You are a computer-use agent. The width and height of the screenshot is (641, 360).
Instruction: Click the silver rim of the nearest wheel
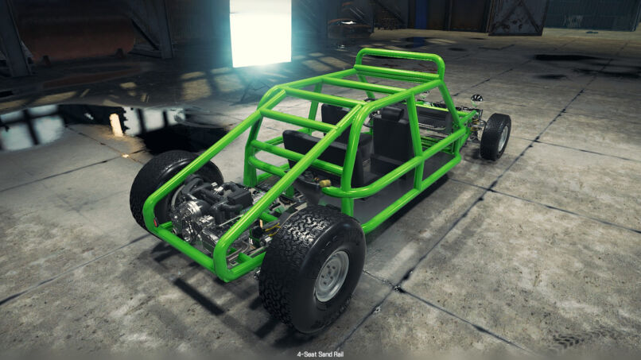point(332,277)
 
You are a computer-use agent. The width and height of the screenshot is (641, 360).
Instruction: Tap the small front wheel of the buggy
point(495,137)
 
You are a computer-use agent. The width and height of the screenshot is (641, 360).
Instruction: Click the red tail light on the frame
point(156,223)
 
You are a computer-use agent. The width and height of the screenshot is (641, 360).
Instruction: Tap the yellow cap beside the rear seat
point(324,183)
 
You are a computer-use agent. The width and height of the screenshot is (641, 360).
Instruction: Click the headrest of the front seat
point(391,113)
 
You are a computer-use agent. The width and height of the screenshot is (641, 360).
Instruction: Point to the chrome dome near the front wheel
point(476,99)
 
